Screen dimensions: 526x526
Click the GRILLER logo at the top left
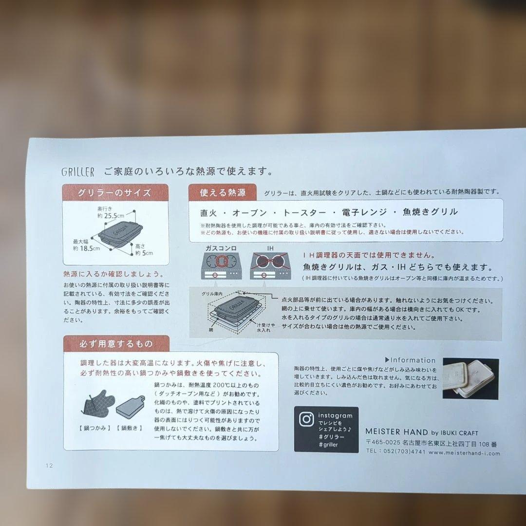78,172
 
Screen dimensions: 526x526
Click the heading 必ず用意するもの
116,343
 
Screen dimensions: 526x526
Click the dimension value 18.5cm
90,248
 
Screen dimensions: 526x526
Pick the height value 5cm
147,253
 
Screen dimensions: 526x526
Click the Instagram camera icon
306,419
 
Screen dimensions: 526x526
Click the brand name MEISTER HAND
396,432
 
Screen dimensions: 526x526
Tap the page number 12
49,465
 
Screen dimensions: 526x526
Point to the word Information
413,360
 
